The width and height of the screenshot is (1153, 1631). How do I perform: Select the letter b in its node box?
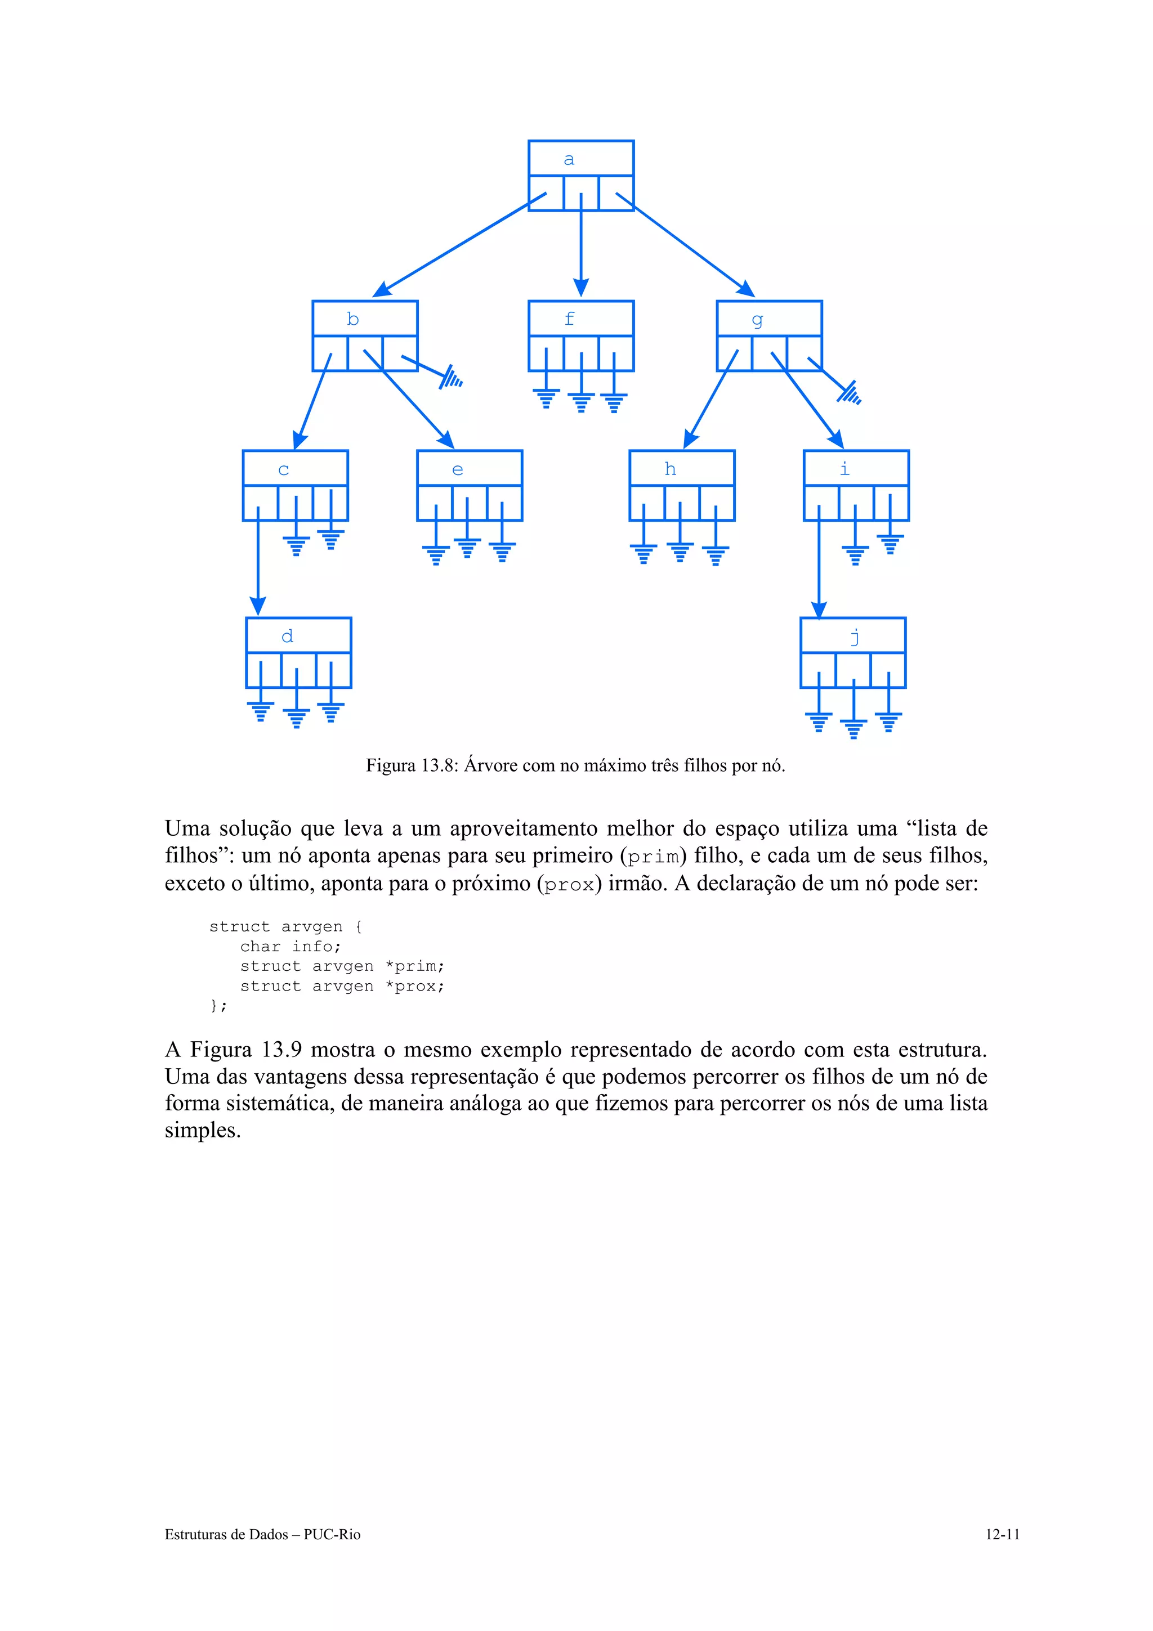[x=352, y=319]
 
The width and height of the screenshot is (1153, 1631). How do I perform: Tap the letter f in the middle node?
[x=569, y=319]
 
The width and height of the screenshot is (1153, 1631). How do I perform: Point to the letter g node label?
[x=757, y=320]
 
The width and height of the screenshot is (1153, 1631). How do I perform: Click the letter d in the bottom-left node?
[x=287, y=636]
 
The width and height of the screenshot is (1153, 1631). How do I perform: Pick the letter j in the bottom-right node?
[x=855, y=637]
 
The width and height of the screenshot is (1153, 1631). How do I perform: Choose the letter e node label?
[x=458, y=469]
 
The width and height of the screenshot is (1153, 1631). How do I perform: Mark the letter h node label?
[x=670, y=469]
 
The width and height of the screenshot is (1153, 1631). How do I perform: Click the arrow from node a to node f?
[x=580, y=245]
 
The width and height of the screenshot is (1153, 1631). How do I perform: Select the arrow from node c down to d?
[x=258, y=561]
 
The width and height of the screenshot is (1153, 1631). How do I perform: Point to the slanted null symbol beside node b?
[x=450, y=377]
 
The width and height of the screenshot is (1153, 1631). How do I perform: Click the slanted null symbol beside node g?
[x=848, y=392]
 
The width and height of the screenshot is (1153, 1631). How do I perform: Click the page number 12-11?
[x=1002, y=1534]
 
